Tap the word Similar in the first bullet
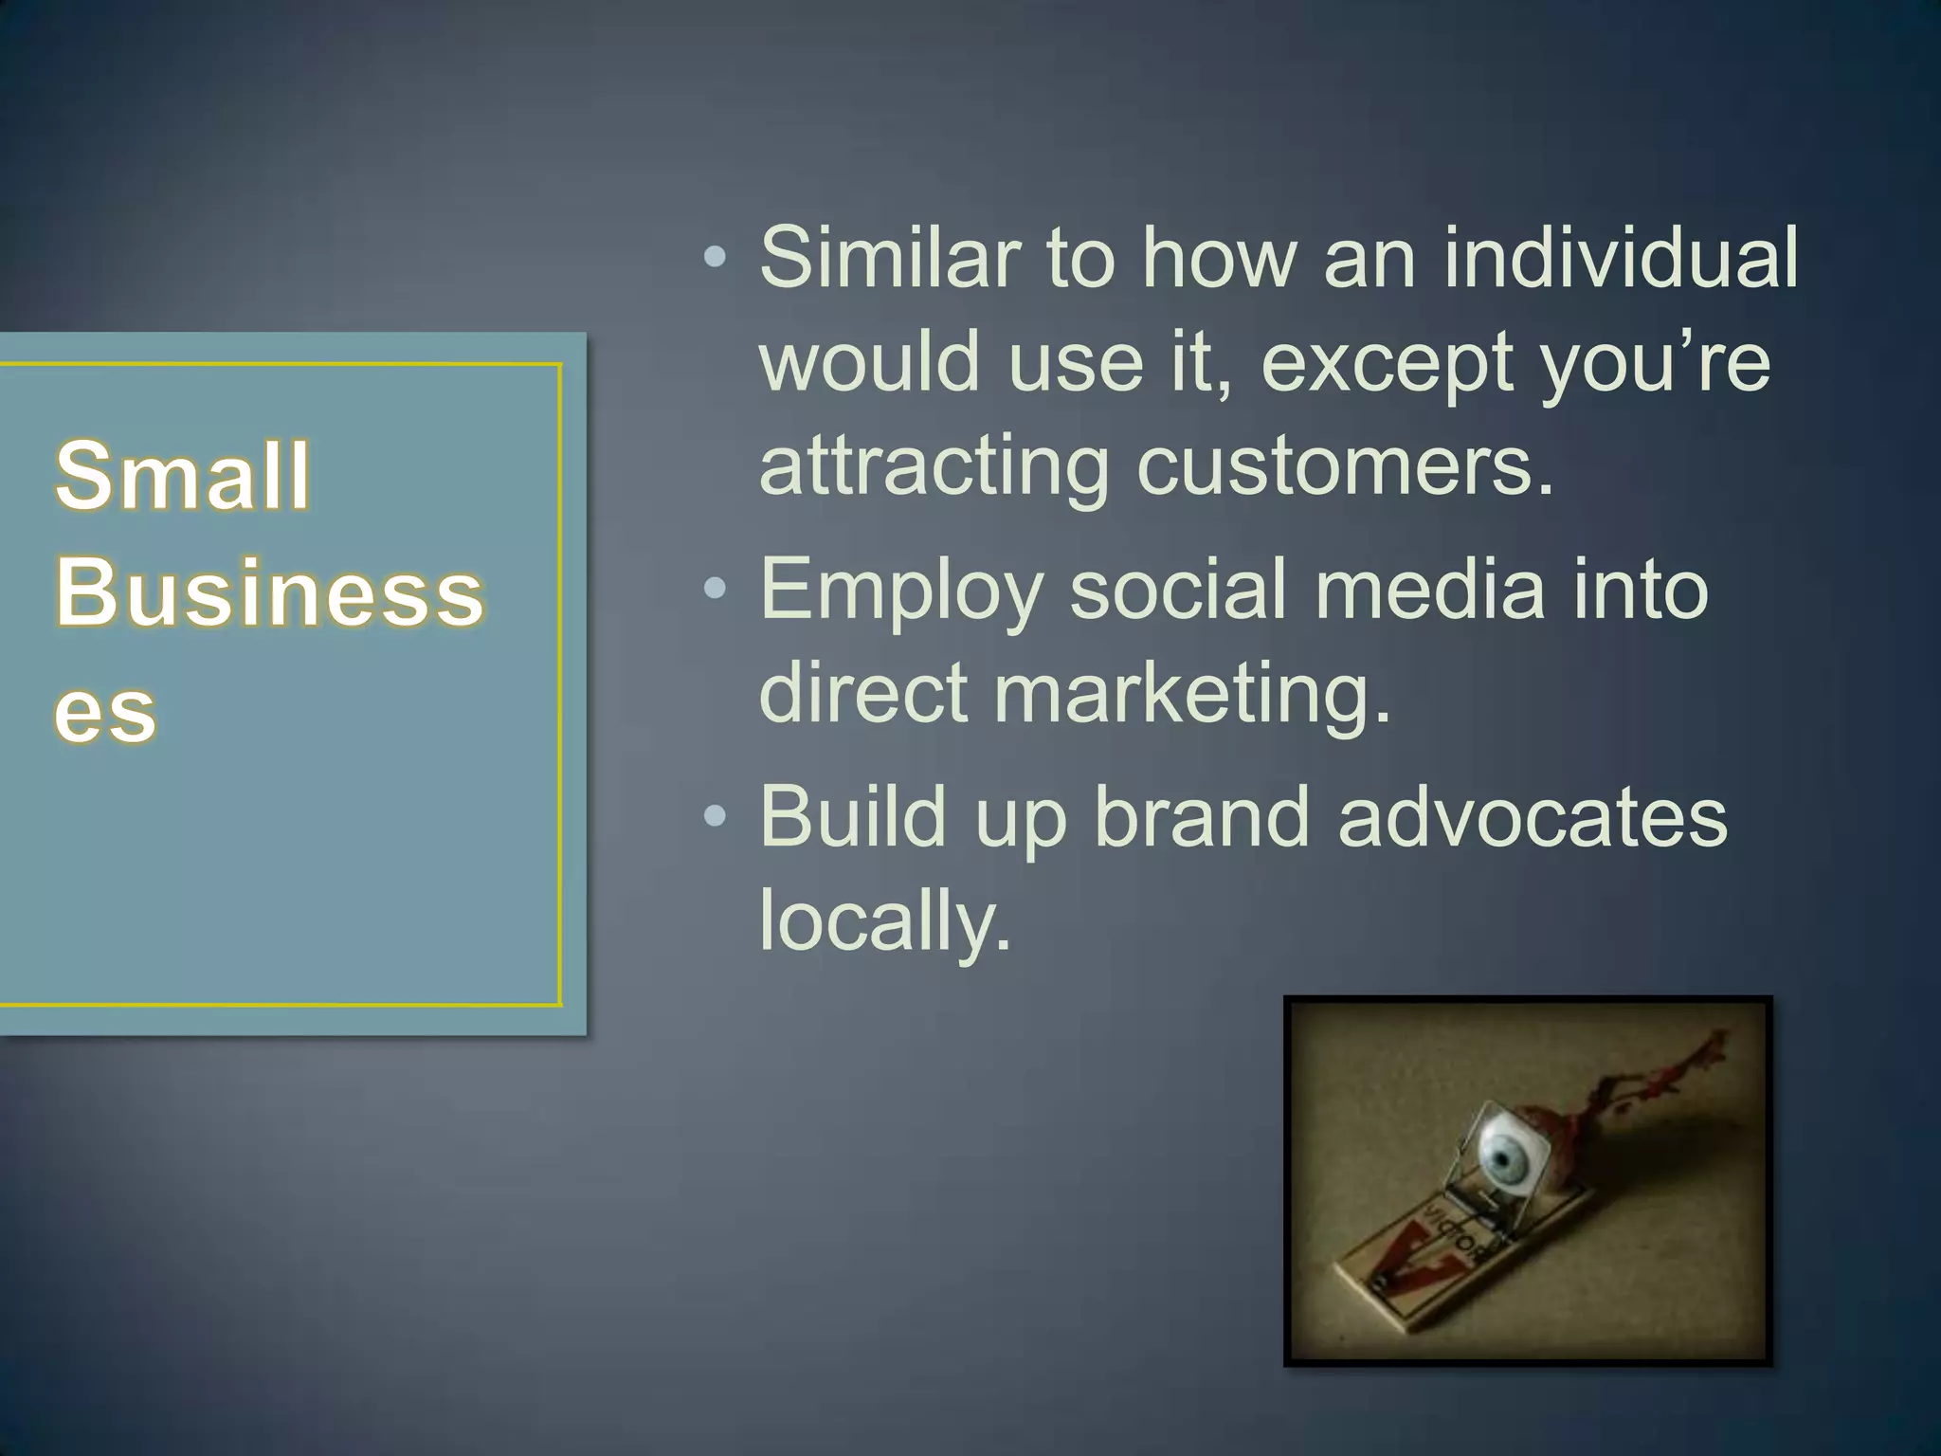coord(889,257)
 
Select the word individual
coord(1621,257)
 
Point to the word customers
coord(1346,466)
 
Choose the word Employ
coord(900,590)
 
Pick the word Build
coord(853,816)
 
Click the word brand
coord(1202,816)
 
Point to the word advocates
coord(1533,816)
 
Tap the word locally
coord(885,920)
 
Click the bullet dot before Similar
coord(716,257)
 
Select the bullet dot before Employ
coord(716,590)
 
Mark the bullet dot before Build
coord(716,816)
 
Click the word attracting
coord(934,466)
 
